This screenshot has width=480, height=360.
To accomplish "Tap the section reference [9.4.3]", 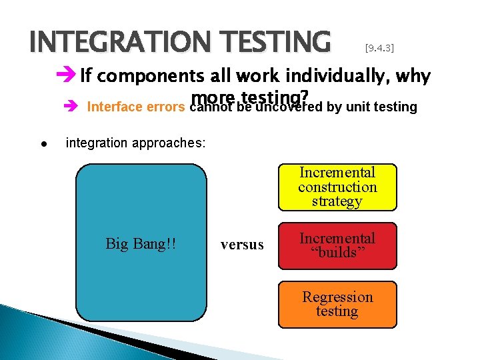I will [x=379, y=48].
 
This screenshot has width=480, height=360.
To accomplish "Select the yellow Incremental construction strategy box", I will [x=337, y=187].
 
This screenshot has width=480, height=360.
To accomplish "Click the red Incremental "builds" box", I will [x=337, y=245].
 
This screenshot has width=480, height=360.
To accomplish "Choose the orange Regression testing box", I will [x=337, y=304].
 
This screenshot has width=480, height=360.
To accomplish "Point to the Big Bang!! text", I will [x=141, y=244].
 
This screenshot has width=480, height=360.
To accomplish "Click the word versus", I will [x=242, y=245].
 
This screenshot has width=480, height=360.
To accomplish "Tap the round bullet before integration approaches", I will [x=41, y=143].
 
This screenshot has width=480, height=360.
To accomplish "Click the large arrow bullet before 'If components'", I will [x=67, y=76].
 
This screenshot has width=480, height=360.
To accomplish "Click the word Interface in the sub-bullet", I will [x=113, y=107].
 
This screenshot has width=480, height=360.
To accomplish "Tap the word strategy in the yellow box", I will [x=337, y=201].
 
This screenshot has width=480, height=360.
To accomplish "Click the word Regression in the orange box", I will [x=337, y=297].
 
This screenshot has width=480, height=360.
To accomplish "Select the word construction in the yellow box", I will [x=337, y=187].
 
